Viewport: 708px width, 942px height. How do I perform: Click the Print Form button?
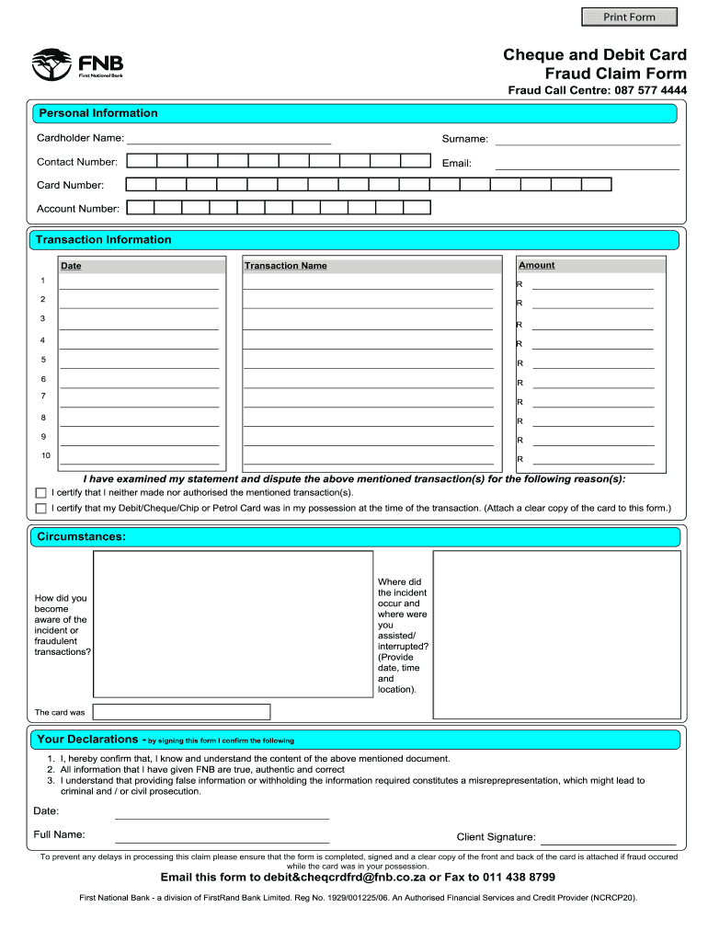coord(629,17)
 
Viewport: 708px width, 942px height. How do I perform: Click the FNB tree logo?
coord(52,64)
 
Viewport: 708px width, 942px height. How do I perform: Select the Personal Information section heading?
coord(97,113)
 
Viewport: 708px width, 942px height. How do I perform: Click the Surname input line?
coord(588,139)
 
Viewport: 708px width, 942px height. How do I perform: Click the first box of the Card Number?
coord(141,185)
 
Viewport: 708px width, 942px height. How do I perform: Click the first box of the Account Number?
coord(141,208)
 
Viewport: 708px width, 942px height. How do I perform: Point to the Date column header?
coord(71,266)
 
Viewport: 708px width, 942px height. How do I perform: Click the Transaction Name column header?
coord(285,266)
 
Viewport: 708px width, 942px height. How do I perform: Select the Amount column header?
coord(537,265)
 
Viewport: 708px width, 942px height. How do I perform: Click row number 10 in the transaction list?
coord(45,456)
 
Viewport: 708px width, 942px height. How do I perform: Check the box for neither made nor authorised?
coord(40,493)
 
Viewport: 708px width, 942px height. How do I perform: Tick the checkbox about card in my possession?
coord(40,508)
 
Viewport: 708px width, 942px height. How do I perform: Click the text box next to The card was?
coord(182,712)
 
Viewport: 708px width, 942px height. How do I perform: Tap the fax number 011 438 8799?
coord(518,878)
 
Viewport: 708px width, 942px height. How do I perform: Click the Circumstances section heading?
coord(81,536)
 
